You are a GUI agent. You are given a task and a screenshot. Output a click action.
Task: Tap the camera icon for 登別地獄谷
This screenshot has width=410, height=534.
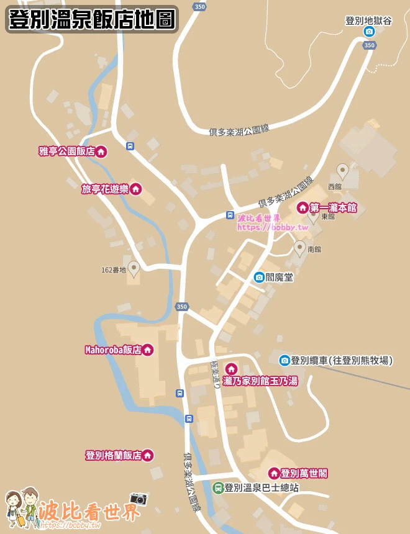coord(369,32)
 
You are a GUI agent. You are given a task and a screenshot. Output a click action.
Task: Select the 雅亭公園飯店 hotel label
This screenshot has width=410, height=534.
coord(66,151)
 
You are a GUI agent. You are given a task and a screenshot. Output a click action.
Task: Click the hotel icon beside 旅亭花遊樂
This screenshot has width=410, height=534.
coord(135,189)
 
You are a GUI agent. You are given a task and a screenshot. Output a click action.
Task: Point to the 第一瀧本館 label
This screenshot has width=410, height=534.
coord(333,207)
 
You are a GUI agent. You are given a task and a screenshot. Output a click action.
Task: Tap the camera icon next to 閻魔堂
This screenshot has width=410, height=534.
coord(259,277)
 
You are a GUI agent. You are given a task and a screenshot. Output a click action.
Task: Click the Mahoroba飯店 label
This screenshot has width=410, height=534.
coord(113,350)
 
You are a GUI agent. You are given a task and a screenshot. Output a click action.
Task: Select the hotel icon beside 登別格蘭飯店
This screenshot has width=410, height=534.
coord(148,456)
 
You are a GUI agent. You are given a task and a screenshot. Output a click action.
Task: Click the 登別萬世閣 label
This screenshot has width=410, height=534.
coord(304,474)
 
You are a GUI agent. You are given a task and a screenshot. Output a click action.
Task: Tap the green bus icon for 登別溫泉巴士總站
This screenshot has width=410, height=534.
coord(217,488)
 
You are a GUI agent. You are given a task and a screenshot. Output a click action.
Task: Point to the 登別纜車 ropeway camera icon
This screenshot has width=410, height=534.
coord(285,360)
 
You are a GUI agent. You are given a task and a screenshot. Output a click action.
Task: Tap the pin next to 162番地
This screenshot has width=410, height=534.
coord(133,268)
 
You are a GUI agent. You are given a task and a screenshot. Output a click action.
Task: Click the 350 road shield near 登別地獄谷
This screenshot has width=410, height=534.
coord(370,45)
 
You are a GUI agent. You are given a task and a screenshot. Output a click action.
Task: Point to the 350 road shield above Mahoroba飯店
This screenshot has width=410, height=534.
coord(181,307)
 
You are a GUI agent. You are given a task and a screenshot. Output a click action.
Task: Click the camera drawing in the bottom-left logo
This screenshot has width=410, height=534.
coord(139,499)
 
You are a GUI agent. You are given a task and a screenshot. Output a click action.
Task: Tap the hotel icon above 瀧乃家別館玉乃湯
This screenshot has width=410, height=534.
coord(230,369)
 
